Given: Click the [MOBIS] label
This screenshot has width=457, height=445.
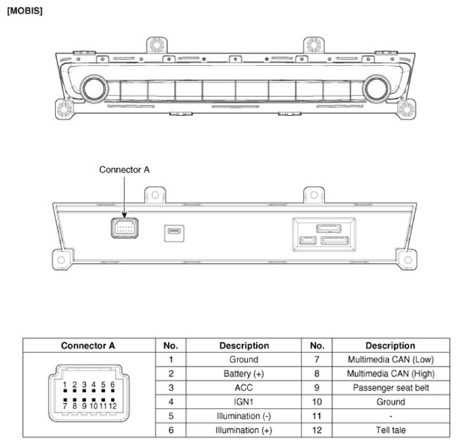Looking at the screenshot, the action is tap(25, 11).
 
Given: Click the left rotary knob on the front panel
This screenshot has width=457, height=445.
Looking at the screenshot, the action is tap(94, 89).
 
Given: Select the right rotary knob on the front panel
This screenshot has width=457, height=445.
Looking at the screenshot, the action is tap(376, 89).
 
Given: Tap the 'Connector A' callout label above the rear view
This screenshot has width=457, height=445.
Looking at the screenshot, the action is tap(125, 169).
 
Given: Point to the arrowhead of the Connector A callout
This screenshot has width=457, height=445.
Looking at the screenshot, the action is tap(125, 216).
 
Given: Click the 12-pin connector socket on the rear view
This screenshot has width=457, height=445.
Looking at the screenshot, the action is tap(125, 228).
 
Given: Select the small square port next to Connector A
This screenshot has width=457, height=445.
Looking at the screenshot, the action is tap(174, 233).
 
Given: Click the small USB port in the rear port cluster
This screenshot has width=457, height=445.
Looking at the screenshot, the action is tap(308, 241).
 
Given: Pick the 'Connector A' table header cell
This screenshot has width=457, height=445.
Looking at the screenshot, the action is tap(89, 345).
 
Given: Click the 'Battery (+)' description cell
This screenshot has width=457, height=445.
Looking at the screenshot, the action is tap(244, 374).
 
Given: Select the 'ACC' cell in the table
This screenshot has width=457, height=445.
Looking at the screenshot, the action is tap(244, 388).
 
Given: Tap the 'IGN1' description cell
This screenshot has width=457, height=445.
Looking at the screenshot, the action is tap(244, 402).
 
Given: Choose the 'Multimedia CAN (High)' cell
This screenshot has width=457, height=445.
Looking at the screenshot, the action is tap(391, 374).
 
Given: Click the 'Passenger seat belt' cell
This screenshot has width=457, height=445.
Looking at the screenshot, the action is tap(391, 388).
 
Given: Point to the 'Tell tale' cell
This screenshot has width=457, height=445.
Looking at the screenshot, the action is tap(391, 430).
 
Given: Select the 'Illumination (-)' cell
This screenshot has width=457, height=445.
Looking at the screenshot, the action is tap(244, 416).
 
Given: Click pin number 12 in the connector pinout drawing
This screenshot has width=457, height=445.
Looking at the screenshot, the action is tap(113, 405).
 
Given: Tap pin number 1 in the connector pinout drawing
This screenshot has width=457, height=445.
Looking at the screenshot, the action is tap(65, 385).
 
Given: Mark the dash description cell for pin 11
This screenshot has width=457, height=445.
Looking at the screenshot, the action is tap(391, 416).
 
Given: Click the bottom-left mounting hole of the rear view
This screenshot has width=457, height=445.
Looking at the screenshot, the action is tap(61, 260).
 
